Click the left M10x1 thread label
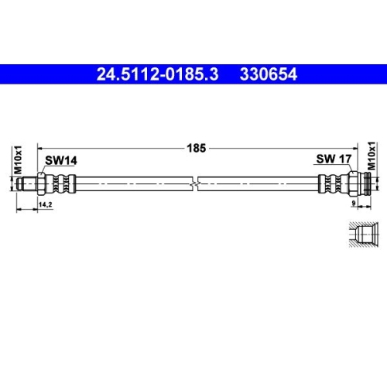(x=17, y=161)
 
